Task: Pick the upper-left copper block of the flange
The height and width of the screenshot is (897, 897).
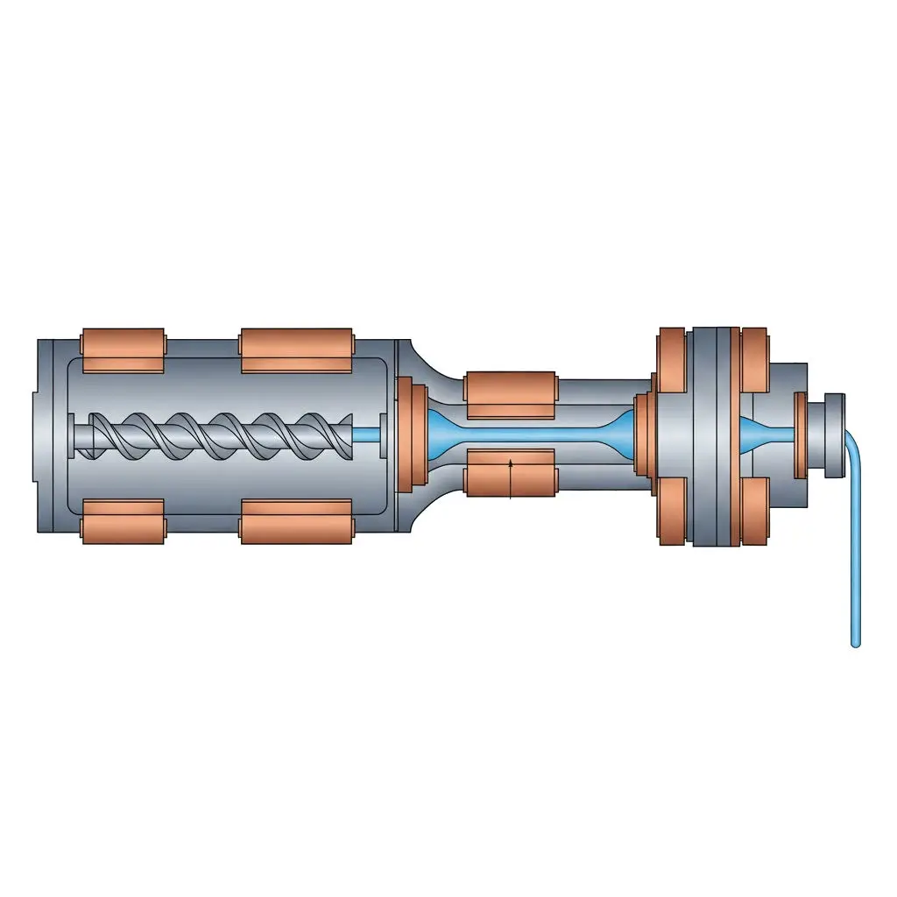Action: [671, 360]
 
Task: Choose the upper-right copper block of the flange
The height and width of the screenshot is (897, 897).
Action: [754, 360]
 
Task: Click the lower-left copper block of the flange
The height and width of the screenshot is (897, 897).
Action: [671, 511]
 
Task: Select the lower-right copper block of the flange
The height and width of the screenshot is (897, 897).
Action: [754, 511]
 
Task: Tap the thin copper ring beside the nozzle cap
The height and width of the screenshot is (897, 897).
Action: [800, 435]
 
